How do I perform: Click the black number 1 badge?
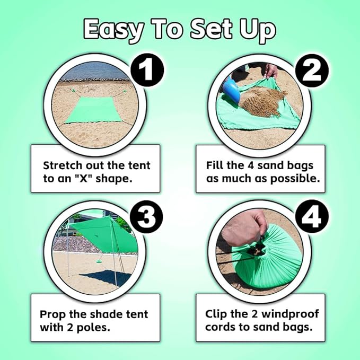(x=147, y=70)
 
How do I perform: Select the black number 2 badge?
(x=312, y=71)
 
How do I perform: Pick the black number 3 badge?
(x=147, y=216)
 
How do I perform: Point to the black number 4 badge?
(x=312, y=216)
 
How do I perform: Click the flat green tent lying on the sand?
(x=93, y=110)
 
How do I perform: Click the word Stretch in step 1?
(x=63, y=165)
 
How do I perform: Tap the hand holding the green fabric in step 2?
(x=271, y=71)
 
